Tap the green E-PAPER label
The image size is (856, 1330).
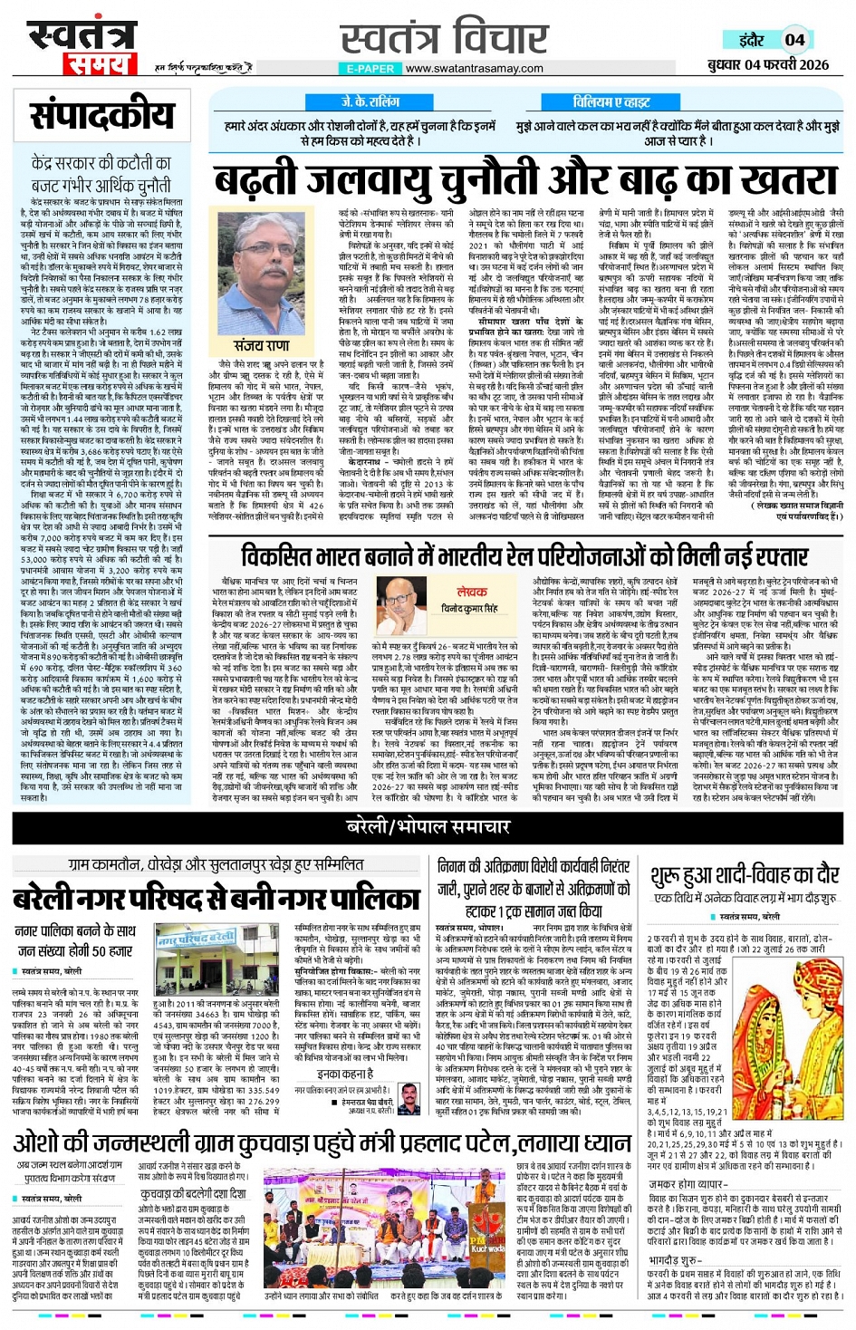tap(370, 69)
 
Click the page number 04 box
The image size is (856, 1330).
tap(794, 40)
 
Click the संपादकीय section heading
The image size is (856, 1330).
tap(101, 116)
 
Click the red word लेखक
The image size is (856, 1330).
tap(472, 591)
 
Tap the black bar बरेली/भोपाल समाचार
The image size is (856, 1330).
tap(428, 826)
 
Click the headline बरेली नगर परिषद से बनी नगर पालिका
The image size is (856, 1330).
tap(216, 898)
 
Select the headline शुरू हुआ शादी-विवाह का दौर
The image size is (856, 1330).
tap(745, 875)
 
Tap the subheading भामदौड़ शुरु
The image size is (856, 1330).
tap(676, 1260)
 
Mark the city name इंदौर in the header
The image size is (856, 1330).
tap(751, 40)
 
